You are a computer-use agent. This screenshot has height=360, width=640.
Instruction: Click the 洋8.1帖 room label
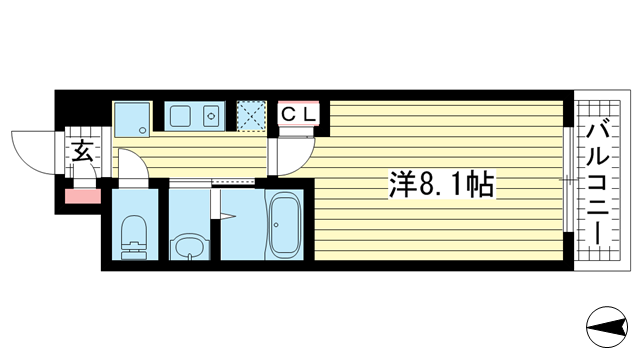pyautogui.click(x=441, y=184)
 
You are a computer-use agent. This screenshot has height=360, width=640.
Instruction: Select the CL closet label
pyautogui.click(x=298, y=114)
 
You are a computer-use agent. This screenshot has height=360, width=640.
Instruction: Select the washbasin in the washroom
pyautogui.click(x=187, y=244)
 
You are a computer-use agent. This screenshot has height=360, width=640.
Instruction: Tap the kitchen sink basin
pyautogui.click(x=183, y=117)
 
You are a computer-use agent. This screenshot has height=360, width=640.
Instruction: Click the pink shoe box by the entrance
pyautogui.click(x=82, y=194)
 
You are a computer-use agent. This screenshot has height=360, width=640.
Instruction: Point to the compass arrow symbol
pyautogui.click(x=609, y=324)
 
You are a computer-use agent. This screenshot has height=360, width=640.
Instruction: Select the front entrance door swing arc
pyautogui.click(x=32, y=150)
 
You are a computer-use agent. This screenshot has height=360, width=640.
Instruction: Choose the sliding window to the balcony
pyautogui.click(x=568, y=181)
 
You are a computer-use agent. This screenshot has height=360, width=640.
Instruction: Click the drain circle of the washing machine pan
pyautogui.click(x=144, y=130)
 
